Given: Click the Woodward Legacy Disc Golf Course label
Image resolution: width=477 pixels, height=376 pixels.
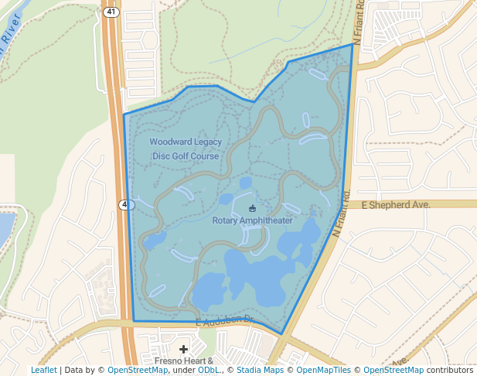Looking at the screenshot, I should [x=186, y=149].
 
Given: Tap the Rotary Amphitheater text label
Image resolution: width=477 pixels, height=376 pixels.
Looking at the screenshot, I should [x=252, y=220].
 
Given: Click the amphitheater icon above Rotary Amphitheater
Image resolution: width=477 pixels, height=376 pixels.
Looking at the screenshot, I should [x=252, y=208].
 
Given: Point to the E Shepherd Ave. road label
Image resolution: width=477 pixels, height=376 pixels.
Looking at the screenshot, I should [x=395, y=204].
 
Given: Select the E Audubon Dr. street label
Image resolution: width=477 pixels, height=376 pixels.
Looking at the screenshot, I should [x=225, y=320].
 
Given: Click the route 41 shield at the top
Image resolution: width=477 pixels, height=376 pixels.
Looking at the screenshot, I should [x=112, y=12].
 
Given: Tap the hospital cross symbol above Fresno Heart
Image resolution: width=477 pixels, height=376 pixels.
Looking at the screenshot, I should [x=183, y=350].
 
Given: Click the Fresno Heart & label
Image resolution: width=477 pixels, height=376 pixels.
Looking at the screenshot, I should [x=183, y=361].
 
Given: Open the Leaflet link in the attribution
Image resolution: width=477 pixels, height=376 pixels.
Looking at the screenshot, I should [x=43, y=371].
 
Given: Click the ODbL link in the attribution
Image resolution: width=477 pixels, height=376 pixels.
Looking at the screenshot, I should [x=209, y=371].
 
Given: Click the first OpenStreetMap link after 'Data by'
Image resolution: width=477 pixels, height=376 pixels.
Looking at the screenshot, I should [x=138, y=371].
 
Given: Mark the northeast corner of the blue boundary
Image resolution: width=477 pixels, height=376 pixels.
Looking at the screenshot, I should [x=353, y=44].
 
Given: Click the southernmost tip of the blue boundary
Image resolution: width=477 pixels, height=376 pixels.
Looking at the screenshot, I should [x=282, y=334].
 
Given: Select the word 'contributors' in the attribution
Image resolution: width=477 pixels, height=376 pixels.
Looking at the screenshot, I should [x=450, y=371].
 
